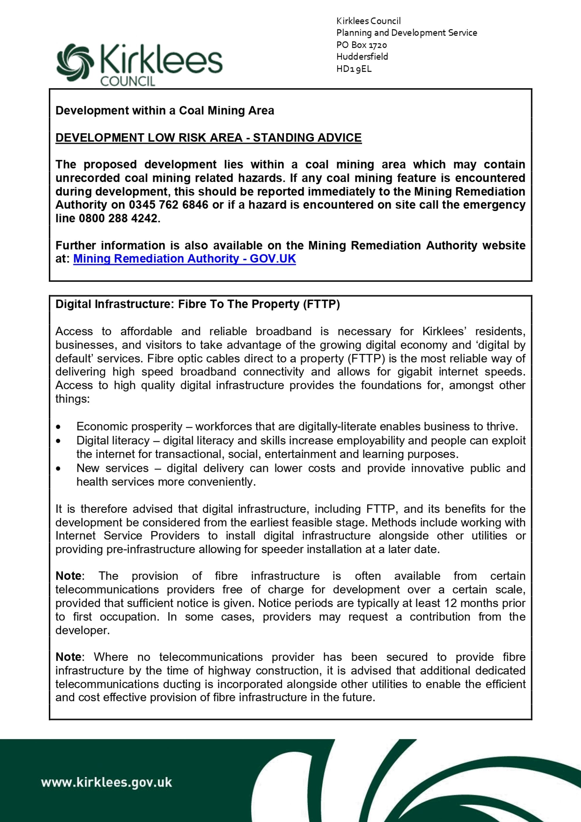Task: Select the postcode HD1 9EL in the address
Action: point(354,69)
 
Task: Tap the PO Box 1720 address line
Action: point(361,45)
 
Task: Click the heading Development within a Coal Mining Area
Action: point(165,110)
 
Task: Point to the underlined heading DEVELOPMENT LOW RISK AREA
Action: point(208,138)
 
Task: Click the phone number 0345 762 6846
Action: point(168,205)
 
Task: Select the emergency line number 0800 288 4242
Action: point(118,218)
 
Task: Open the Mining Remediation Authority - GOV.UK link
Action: point(184,258)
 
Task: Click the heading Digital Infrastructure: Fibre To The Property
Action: point(198,304)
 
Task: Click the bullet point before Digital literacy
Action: point(58,441)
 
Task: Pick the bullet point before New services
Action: point(58,469)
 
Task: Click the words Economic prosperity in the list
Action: point(129,426)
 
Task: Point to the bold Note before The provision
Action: point(68,576)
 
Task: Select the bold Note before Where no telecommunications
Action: point(68,657)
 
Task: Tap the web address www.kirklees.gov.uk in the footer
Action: point(107,782)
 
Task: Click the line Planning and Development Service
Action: point(406,33)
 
